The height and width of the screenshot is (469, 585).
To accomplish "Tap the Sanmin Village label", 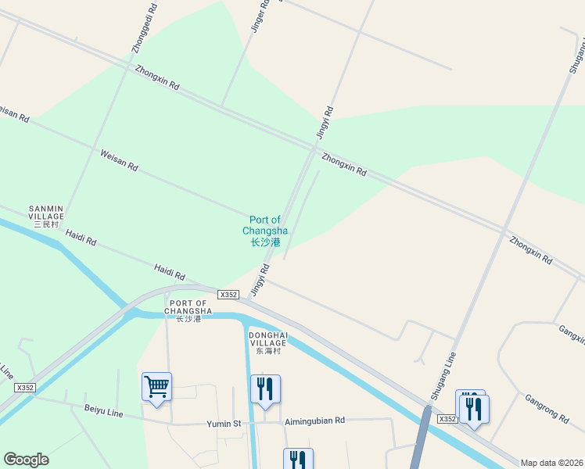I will click(x=46, y=216).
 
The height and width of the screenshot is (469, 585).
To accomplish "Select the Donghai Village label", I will click(x=268, y=342).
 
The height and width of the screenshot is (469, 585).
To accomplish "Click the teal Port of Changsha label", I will click(x=264, y=231).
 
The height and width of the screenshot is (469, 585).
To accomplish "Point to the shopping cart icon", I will click(x=156, y=386).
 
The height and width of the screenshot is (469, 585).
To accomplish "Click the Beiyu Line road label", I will click(x=104, y=411).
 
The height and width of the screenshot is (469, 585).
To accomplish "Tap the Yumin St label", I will click(x=224, y=423).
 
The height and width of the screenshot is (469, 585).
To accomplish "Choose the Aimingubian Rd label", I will click(x=314, y=421).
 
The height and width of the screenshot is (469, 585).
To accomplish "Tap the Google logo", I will click(x=26, y=460).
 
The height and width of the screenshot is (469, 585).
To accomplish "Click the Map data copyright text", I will click(x=552, y=463).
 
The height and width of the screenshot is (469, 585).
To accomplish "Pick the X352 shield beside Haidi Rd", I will click(x=228, y=295).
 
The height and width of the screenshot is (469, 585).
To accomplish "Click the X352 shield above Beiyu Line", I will click(x=25, y=388).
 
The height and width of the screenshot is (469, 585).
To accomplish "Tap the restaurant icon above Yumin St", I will click(x=265, y=388).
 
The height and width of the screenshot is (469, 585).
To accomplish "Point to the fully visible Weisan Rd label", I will click(x=119, y=161).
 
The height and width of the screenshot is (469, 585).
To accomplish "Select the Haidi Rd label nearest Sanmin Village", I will click(x=81, y=237).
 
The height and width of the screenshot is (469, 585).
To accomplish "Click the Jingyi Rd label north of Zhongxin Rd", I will click(x=325, y=123).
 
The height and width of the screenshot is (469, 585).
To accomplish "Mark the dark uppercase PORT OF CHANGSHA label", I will click(x=188, y=310).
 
